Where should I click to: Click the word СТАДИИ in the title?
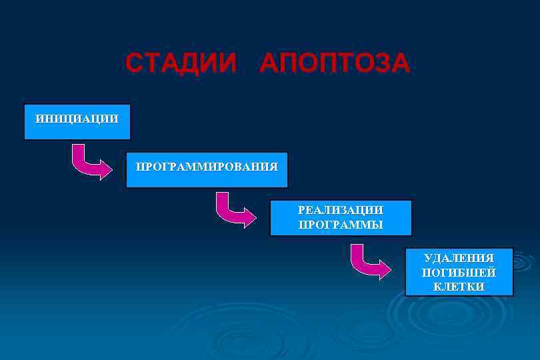181,63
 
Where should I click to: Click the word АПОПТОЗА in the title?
335,63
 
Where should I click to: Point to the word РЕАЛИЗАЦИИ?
341,210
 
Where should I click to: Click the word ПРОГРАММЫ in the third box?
341,225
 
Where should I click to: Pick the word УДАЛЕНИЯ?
459,258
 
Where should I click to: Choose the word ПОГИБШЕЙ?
459,273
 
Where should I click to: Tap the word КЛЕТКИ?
459,287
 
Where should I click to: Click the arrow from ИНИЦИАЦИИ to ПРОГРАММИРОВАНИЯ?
90,164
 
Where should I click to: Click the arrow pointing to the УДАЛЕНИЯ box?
369,263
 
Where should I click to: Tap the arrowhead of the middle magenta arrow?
249,217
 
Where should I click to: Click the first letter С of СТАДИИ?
134,63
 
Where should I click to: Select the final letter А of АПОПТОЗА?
401,63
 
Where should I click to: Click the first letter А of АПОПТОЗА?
271,63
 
